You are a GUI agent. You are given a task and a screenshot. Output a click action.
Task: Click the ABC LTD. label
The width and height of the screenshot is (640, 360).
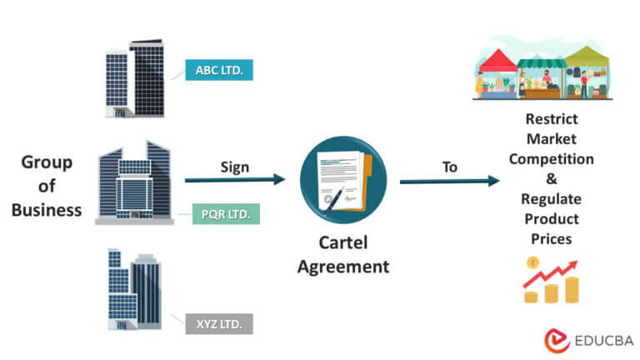tap(219, 70)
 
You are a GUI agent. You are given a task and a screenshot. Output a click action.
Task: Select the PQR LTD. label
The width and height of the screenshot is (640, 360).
tap(225, 214)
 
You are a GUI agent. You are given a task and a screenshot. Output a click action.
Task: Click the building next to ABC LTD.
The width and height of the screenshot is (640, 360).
tap(135, 79)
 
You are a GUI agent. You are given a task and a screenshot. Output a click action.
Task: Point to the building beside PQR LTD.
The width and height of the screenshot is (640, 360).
tap(134, 183)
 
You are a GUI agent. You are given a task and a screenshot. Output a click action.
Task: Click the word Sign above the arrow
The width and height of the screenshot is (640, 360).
tap(235, 166)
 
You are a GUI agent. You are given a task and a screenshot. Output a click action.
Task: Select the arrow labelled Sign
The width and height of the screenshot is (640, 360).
tap(235, 180)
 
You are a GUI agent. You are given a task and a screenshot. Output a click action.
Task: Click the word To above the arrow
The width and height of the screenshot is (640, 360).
tap(450, 167)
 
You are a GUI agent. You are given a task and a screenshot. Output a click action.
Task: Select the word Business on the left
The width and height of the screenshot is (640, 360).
tap(47, 209)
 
